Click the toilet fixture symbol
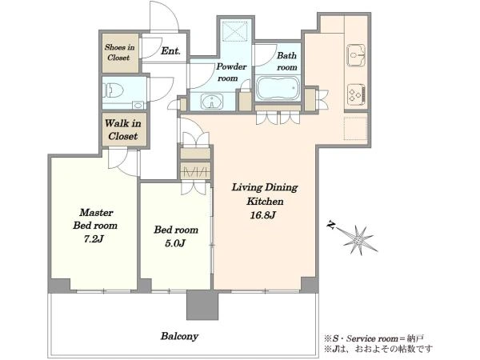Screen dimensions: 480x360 pyautogui.click(x=114, y=90)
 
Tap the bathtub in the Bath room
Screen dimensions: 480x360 pyautogui.click(x=278, y=88)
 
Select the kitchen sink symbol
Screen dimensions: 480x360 pyautogui.click(x=356, y=55)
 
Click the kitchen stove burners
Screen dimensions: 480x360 pyautogui.click(x=357, y=94)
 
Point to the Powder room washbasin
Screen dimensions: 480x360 pyautogui.click(x=212, y=101)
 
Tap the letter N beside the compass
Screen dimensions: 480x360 pyautogui.click(x=330, y=226)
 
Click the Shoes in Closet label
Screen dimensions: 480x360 pyautogui.click(x=119, y=52)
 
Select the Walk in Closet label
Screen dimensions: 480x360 pyautogui.click(x=123, y=130)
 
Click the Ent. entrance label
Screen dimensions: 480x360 pyautogui.click(x=170, y=51)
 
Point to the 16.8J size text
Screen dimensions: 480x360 pyautogui.click(x=263, y=215)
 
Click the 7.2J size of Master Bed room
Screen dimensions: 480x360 pyautogui.click(x=94, y=238)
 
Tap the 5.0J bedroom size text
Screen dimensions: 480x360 pyautogui.click(x=175, y=243)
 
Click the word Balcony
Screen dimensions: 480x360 pyautogui.click(x=180, y=337)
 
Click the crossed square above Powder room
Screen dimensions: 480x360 pyautogui.click(x=234, y=31)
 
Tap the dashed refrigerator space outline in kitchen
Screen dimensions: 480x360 pyautogui.click(x=354, y=129)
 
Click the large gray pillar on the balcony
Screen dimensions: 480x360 pyautogui.click(x=202, y=305)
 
